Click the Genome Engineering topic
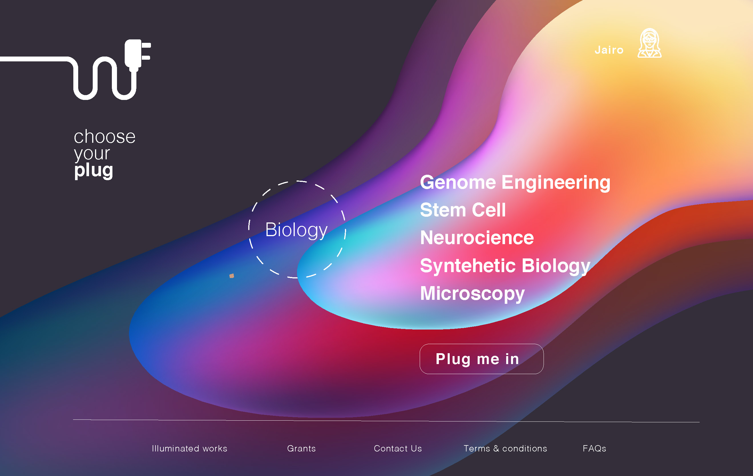click(515, 183)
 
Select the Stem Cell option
click(463, 210)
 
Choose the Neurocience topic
click(477, 238)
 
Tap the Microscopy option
click(472, 294)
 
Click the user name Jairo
click(609, 50)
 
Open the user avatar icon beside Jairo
click(649, 43)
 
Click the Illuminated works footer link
click(189, 449)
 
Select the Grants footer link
click(301, 449)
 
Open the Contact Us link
click(398, 449)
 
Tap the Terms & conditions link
click(505, 449)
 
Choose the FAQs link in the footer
click(594, 449)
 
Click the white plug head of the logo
click(134, 54)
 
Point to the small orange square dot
click(232, 276)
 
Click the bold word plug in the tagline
click(94, 171)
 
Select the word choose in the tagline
click(104, 137)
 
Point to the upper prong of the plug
click(146, 45)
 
